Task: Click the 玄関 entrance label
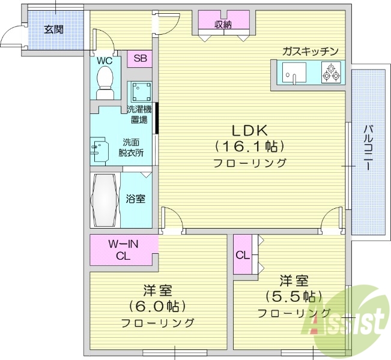click(x=54, y=28)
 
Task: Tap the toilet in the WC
click(x=106, y=82)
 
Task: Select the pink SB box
click(x=139, y=58)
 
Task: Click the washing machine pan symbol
click(x=141, y=92)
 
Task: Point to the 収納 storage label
click(x=224, y=25)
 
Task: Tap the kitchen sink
click(x=294, y=76)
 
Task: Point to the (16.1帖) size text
click(x=249, y=146)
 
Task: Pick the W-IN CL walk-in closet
click(x=123, y=250)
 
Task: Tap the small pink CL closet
click(x=242, y=255)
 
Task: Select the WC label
click(x=105, y=60)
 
